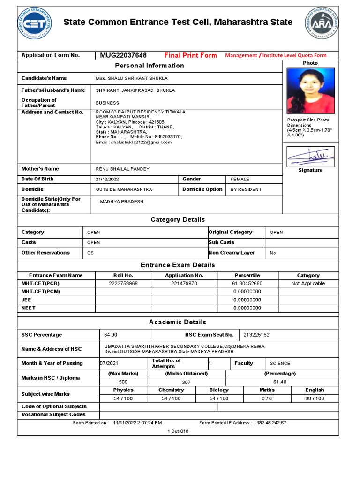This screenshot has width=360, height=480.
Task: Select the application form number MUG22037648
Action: click(123, 55)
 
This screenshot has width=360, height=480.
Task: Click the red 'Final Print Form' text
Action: click(190, 55)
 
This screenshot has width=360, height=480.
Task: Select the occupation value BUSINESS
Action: click(108, 103)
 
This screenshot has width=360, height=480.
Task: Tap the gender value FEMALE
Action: click(240, 179)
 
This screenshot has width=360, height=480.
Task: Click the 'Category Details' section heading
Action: click(178, 219)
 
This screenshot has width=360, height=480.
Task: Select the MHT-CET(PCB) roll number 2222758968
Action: click(123, 284)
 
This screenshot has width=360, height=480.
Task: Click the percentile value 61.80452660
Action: click(247, 284)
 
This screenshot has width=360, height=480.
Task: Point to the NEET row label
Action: click(28, 308)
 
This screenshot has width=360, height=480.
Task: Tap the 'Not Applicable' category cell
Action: click(308, 284)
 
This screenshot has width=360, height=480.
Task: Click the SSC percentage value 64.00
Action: click(111, 335)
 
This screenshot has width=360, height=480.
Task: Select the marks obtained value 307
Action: click(186, 382)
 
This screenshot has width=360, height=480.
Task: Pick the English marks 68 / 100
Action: click(314, 398)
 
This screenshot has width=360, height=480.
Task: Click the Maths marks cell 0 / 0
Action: click(267, 398)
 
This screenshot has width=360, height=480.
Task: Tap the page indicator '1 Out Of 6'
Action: click(178, 431)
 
